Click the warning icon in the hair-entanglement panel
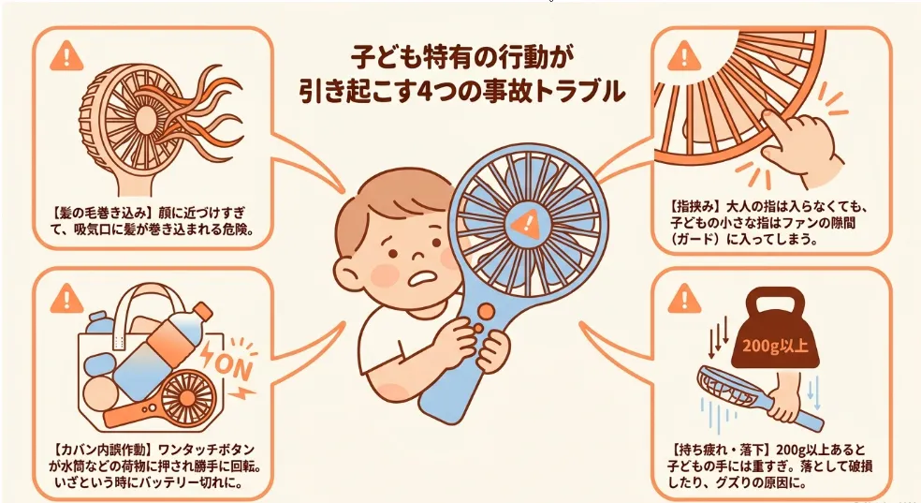[x=67, y=56]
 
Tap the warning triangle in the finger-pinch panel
[x=683, y=56]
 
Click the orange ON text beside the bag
[x=233, y=366]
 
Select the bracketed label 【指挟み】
[x=694, y=207]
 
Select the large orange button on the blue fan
[x=487, y=310]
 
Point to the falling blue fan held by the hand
[x=759, y=393]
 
